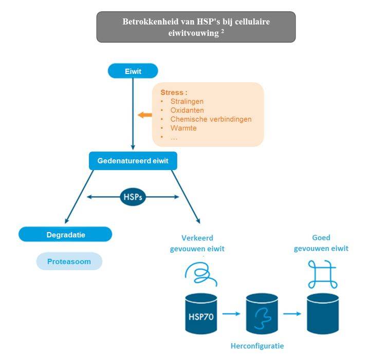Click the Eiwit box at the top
click(133, 71)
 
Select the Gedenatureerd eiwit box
click(133, 161)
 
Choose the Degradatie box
click(65, 235)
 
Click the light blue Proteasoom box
click(69, 261)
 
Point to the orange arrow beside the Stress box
click(144, 115)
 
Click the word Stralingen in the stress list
click(187, 102)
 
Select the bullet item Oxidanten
click(187, 110)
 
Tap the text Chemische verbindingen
click(211, 119)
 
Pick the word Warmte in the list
click(183, 128)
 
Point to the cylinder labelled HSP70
click(201, 313)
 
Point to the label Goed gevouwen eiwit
click(321, 243)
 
